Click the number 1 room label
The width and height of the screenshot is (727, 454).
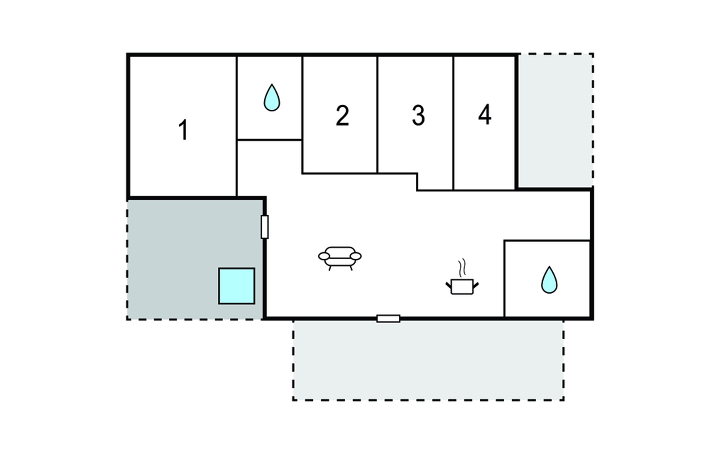point(184,130)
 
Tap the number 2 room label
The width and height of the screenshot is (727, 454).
point(342,115)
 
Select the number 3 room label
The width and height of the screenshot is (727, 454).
point(418,115)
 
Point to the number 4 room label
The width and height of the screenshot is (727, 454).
point(485,115)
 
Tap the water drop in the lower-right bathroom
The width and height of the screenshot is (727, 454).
point(549,280)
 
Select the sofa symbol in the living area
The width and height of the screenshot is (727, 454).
point(340,258)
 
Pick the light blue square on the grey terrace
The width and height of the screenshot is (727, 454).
point(237,286)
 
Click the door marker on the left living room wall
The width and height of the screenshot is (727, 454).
point(265,227)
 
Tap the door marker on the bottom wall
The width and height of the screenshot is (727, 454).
point(388,319)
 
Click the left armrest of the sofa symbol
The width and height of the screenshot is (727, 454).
point(324,257)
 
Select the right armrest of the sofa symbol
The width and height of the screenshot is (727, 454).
point(356,257)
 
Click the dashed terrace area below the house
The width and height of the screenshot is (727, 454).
point(428,360)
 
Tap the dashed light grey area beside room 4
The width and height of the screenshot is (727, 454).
point(555,120)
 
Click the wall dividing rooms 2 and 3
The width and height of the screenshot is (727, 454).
point(378,115)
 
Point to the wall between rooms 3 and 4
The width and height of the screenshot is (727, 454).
point(453,123)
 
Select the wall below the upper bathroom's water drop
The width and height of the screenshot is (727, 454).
point(269,140)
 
